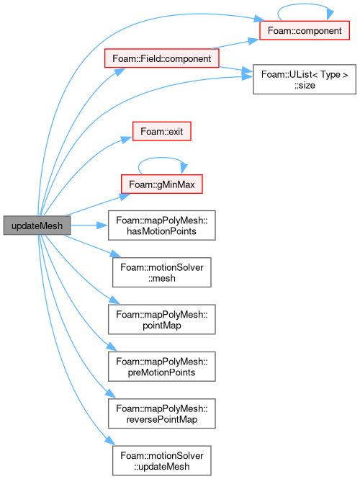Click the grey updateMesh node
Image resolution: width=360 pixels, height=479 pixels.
[x=37, y=225]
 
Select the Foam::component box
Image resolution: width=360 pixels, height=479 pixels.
[x=305, y=30]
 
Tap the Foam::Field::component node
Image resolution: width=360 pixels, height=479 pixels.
[x=161, y=58]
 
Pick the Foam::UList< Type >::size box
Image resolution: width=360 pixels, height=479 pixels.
[x=305, y=79]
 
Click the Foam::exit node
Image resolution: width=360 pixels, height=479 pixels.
[x=161, y=131]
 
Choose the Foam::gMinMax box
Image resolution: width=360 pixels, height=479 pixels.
[x=161, y=184]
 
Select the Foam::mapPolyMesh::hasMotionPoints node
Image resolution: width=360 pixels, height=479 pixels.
[x=161, y=225]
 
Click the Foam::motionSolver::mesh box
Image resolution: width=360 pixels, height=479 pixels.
[x=161, y=272]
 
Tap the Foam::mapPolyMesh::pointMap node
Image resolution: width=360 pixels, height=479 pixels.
[x=161, y=320]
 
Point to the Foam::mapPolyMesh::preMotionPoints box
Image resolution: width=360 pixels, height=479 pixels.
[x=161, y=367]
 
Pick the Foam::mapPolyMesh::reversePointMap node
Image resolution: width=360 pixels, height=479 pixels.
[x=161, y=413]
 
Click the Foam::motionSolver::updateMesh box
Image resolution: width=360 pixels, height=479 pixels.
[x=161, y=461]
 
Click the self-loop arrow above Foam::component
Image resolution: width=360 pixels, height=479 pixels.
[x=305, y=4]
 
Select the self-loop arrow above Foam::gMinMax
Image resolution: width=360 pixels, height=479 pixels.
[x=162, y=158]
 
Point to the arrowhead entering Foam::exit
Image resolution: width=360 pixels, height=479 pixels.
[x=127, y=139]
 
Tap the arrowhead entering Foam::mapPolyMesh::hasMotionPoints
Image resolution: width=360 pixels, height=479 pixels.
[x=102, y=225]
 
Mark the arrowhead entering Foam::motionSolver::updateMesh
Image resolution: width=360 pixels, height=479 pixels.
[x=110, y=440]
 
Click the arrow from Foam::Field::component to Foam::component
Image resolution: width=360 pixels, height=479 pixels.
[x=235, y=43]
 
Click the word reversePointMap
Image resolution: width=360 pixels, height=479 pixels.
[x=162, y=419]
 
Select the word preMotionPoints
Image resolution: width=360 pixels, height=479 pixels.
[x=161, y=372]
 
